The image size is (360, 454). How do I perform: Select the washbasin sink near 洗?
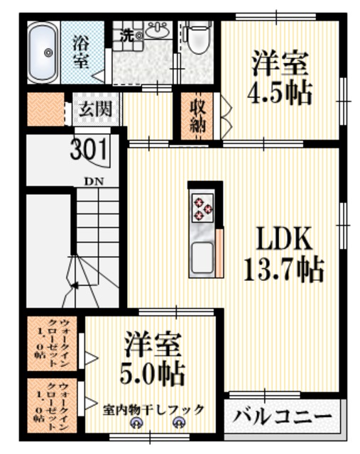157,31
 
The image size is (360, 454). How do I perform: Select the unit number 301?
89,150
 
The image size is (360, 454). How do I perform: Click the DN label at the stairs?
94,181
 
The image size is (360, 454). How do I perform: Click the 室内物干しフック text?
153,409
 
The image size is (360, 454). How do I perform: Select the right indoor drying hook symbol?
179,423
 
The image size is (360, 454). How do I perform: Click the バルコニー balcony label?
283,416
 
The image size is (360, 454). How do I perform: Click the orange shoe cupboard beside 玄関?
43,110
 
